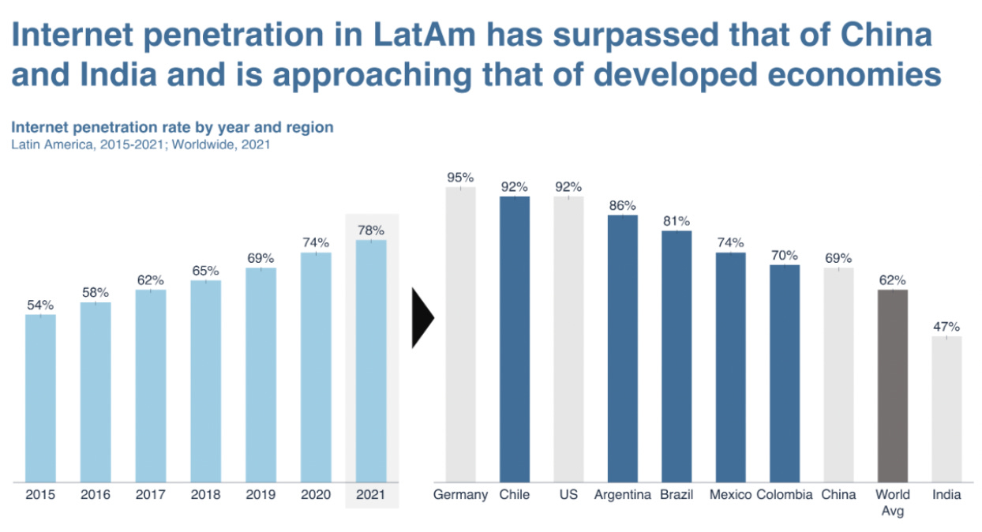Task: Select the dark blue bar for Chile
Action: click(515, 339)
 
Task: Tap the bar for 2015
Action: click(40, 398)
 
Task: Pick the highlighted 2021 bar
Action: click(371, 361)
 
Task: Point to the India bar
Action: click(946, 409)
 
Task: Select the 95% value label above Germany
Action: click(460, 178)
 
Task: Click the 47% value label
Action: click(946, 327)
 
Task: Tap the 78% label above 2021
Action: click(371, 230)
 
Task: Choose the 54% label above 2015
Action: click(40, 305)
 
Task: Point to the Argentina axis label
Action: click(622, 495)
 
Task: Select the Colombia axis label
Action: click(784, 495)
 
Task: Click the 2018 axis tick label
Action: click(205, 495)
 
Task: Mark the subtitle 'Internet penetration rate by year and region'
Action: click(172, 127)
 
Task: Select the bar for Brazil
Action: click(677, 356)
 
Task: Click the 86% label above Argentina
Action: click(622, 205)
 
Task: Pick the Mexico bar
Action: click(730, 367)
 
